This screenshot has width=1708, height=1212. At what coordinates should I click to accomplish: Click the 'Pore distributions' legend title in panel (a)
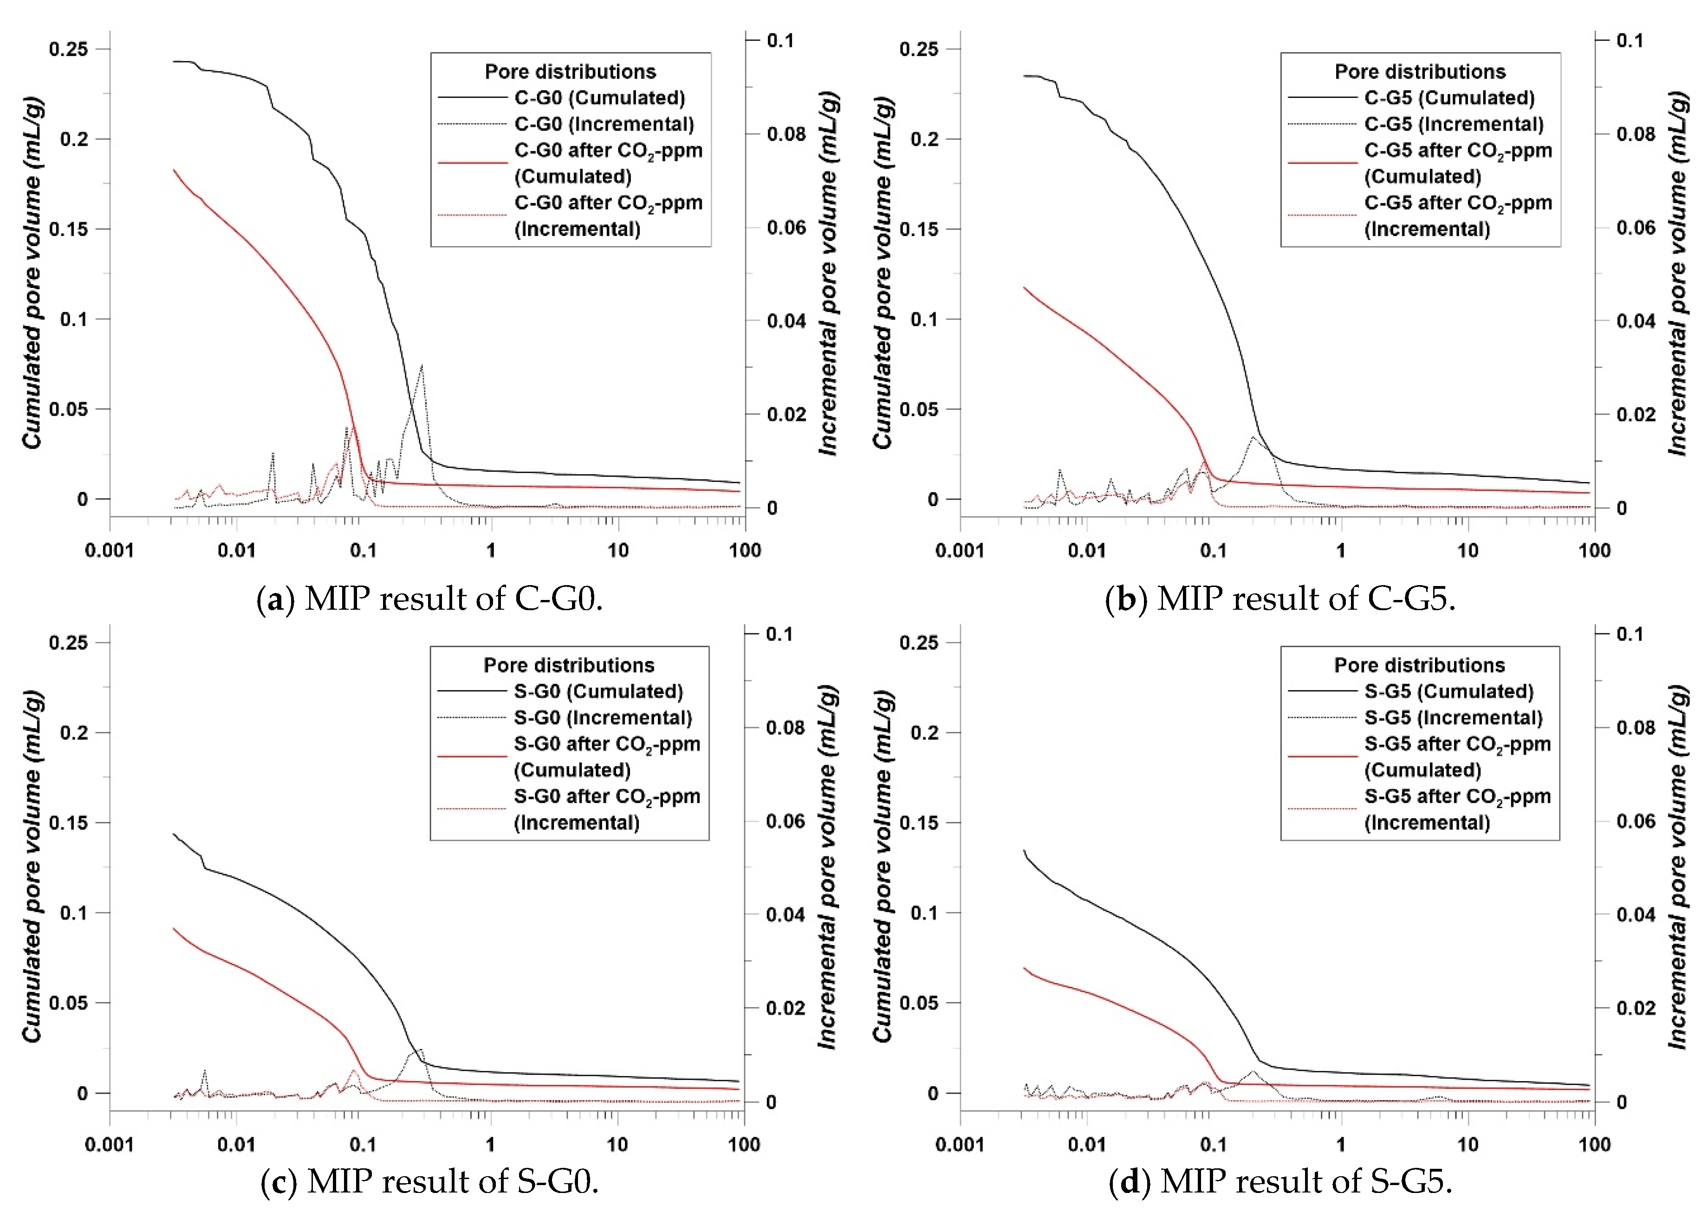[570, 72]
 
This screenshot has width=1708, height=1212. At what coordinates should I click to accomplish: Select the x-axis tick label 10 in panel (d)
[1468, 1145]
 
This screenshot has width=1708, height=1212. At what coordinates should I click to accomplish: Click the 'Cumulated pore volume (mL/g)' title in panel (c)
[32, 867]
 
